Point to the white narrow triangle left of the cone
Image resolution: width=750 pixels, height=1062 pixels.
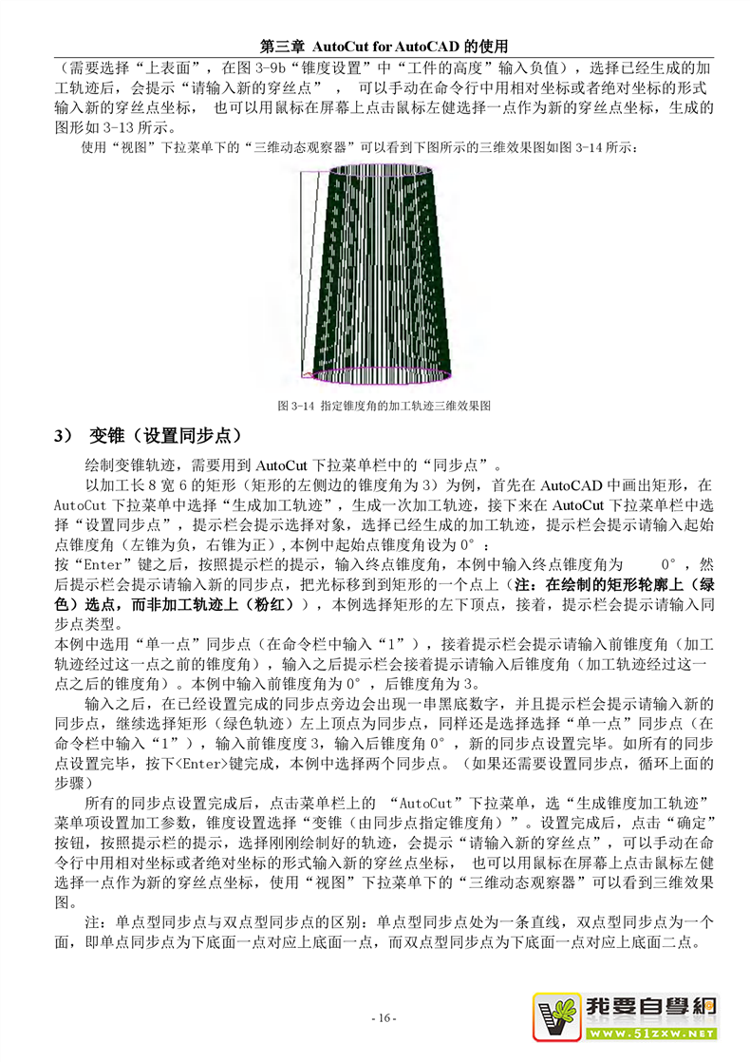coord(305,266)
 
